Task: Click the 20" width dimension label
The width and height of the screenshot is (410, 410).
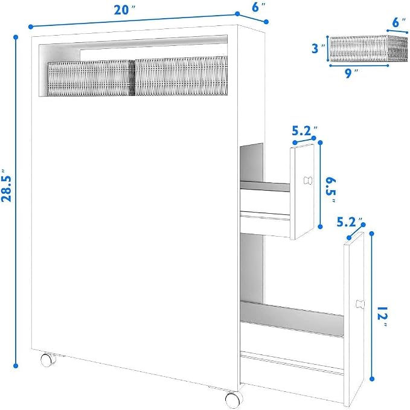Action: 125,10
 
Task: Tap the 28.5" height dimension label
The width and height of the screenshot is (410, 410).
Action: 7,185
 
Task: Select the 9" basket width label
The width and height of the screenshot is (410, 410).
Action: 351,73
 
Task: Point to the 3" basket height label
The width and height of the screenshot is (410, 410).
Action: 318,48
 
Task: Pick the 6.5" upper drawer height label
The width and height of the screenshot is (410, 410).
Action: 331,190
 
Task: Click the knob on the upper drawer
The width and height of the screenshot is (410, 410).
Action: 308,181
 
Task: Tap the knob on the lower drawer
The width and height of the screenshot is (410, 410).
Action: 360,304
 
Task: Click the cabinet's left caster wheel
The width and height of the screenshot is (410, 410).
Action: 48,359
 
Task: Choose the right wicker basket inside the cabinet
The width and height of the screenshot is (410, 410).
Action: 181,76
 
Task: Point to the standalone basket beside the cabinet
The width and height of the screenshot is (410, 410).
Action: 368,48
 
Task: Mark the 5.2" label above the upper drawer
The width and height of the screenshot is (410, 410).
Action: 304,131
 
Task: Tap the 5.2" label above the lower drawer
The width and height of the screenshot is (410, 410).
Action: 350,222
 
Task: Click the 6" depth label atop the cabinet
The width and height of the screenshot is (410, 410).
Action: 258,7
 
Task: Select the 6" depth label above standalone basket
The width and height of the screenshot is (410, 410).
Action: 399,22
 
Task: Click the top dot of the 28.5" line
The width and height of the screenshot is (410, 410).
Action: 16,37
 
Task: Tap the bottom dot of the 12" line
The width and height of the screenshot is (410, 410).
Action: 372,379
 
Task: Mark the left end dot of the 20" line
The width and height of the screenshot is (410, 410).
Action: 31,27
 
